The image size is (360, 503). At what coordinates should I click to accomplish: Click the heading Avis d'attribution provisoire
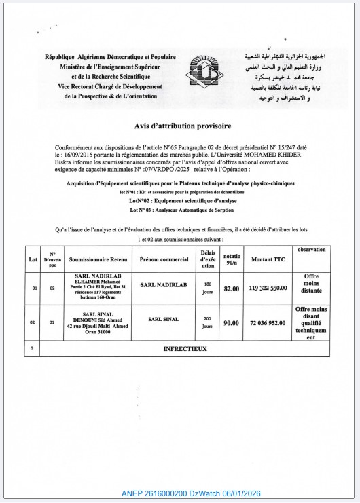pos(183,126)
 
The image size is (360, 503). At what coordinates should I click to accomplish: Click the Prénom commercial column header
pos(164,259)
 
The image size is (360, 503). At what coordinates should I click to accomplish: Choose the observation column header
pos(311,250)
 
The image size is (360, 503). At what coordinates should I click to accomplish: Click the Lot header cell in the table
pos(33,259)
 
